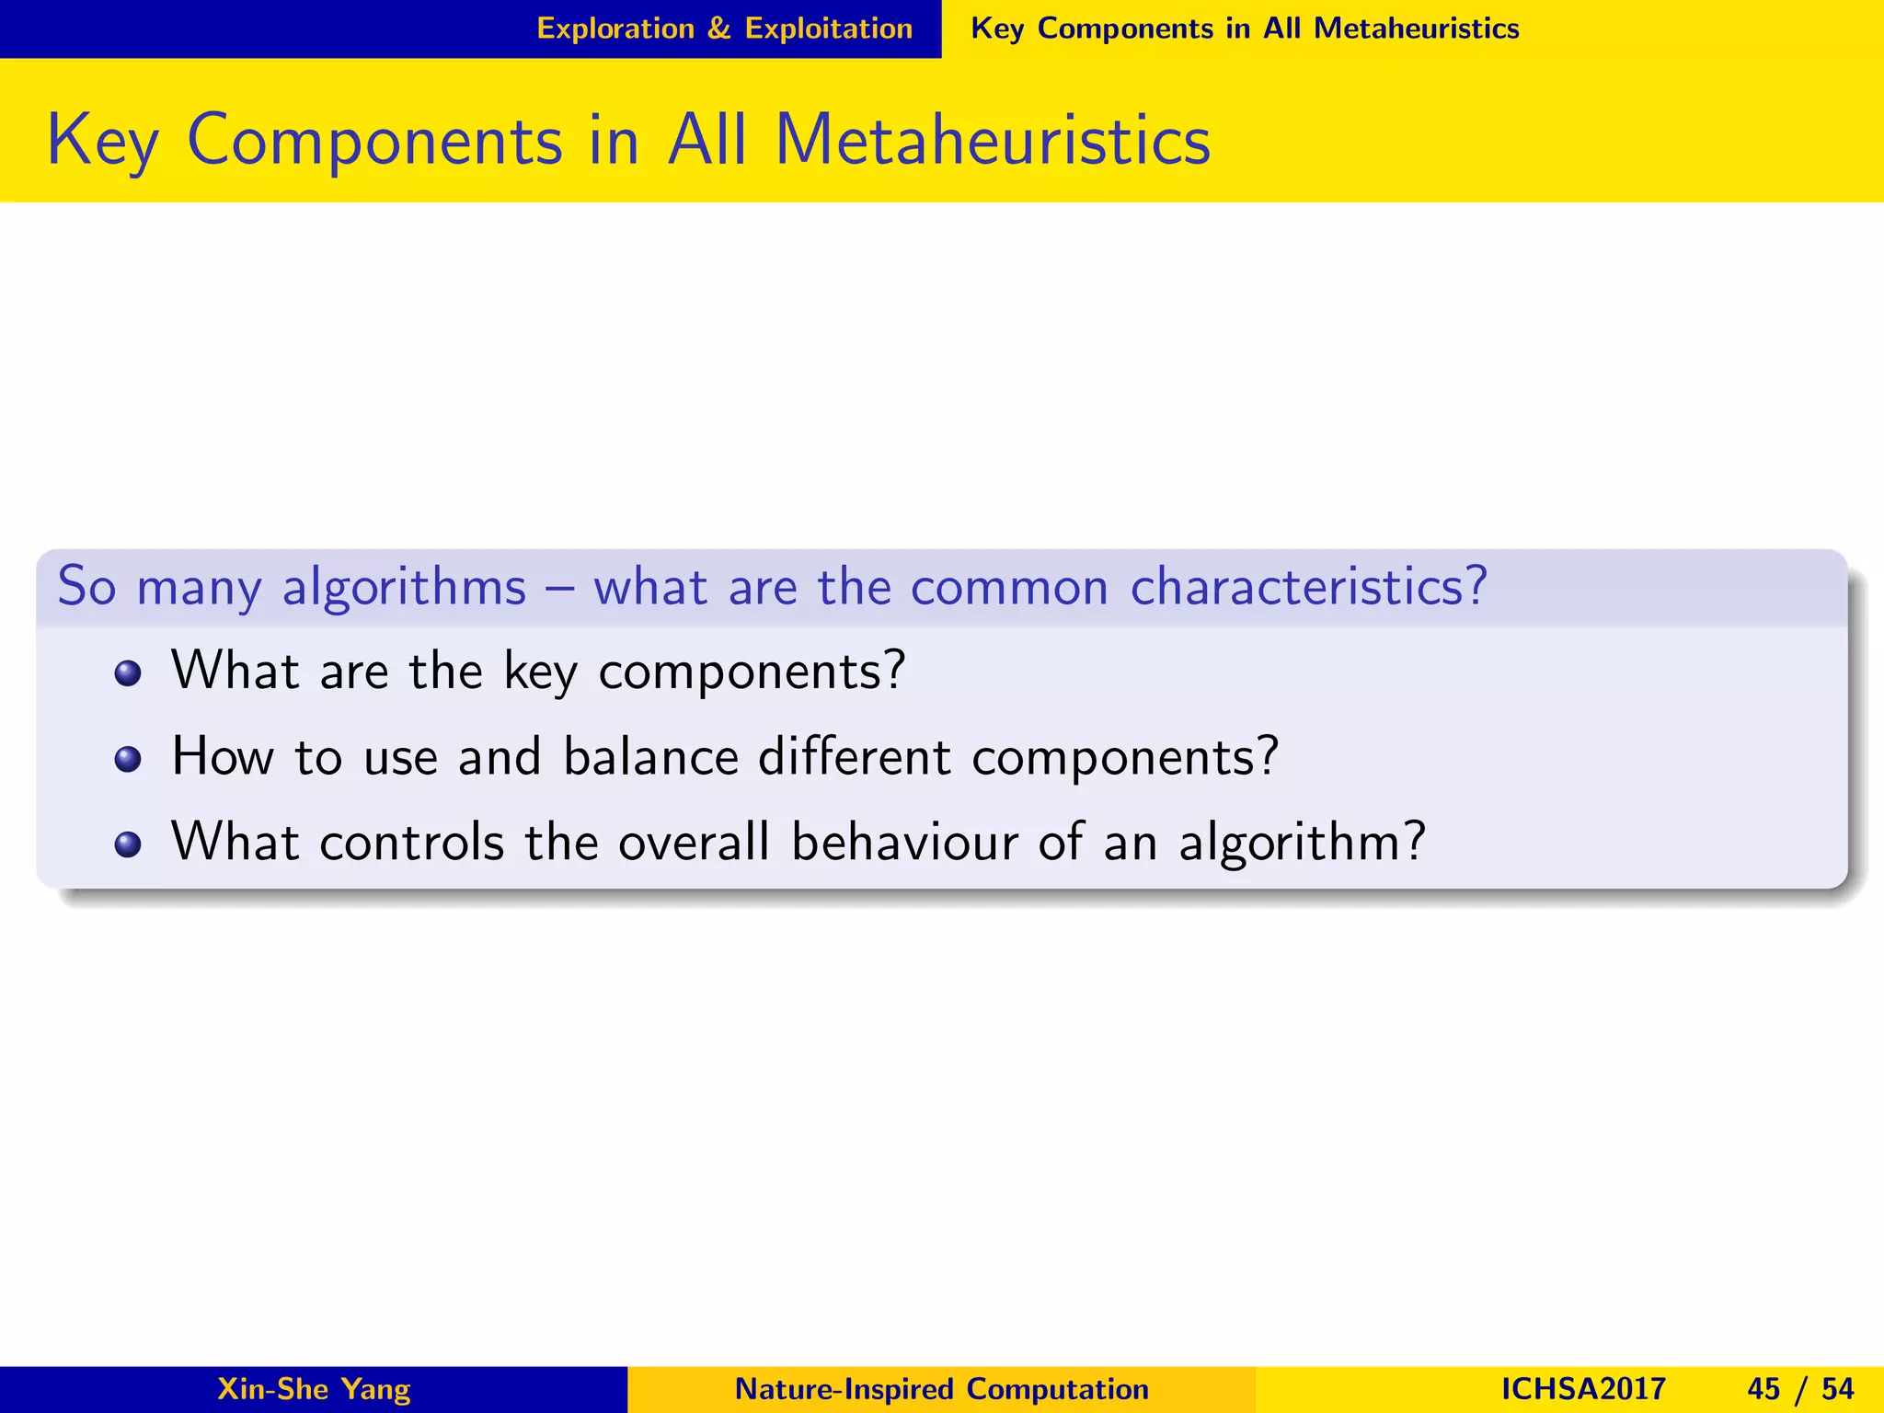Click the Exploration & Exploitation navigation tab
[724, 29]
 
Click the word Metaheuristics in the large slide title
[993, 140]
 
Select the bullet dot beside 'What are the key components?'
[128, 673]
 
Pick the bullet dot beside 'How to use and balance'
[128, 760]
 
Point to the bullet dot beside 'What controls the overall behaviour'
[128, 844]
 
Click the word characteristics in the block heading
[1307, 586]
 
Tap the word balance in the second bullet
[650, 757]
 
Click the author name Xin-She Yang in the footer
[314, 1388]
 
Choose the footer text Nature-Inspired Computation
[942, 1388]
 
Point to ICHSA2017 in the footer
[1583, 1388]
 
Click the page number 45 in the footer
[1763, 1388]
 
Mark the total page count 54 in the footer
[1837, 1388]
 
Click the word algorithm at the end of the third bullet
[1301, 842]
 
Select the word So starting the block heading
[86, 586]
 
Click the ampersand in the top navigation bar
[718, 29]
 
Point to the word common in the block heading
[1009, 588]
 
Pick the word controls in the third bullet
[411, 842]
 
